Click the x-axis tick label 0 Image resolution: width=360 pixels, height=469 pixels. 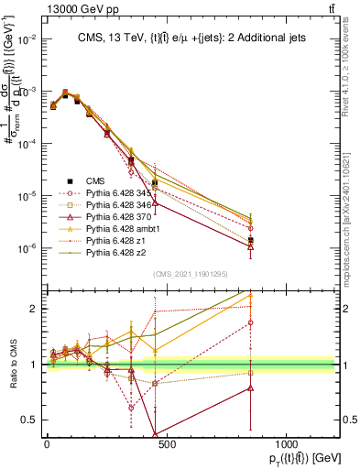pos(46,443)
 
